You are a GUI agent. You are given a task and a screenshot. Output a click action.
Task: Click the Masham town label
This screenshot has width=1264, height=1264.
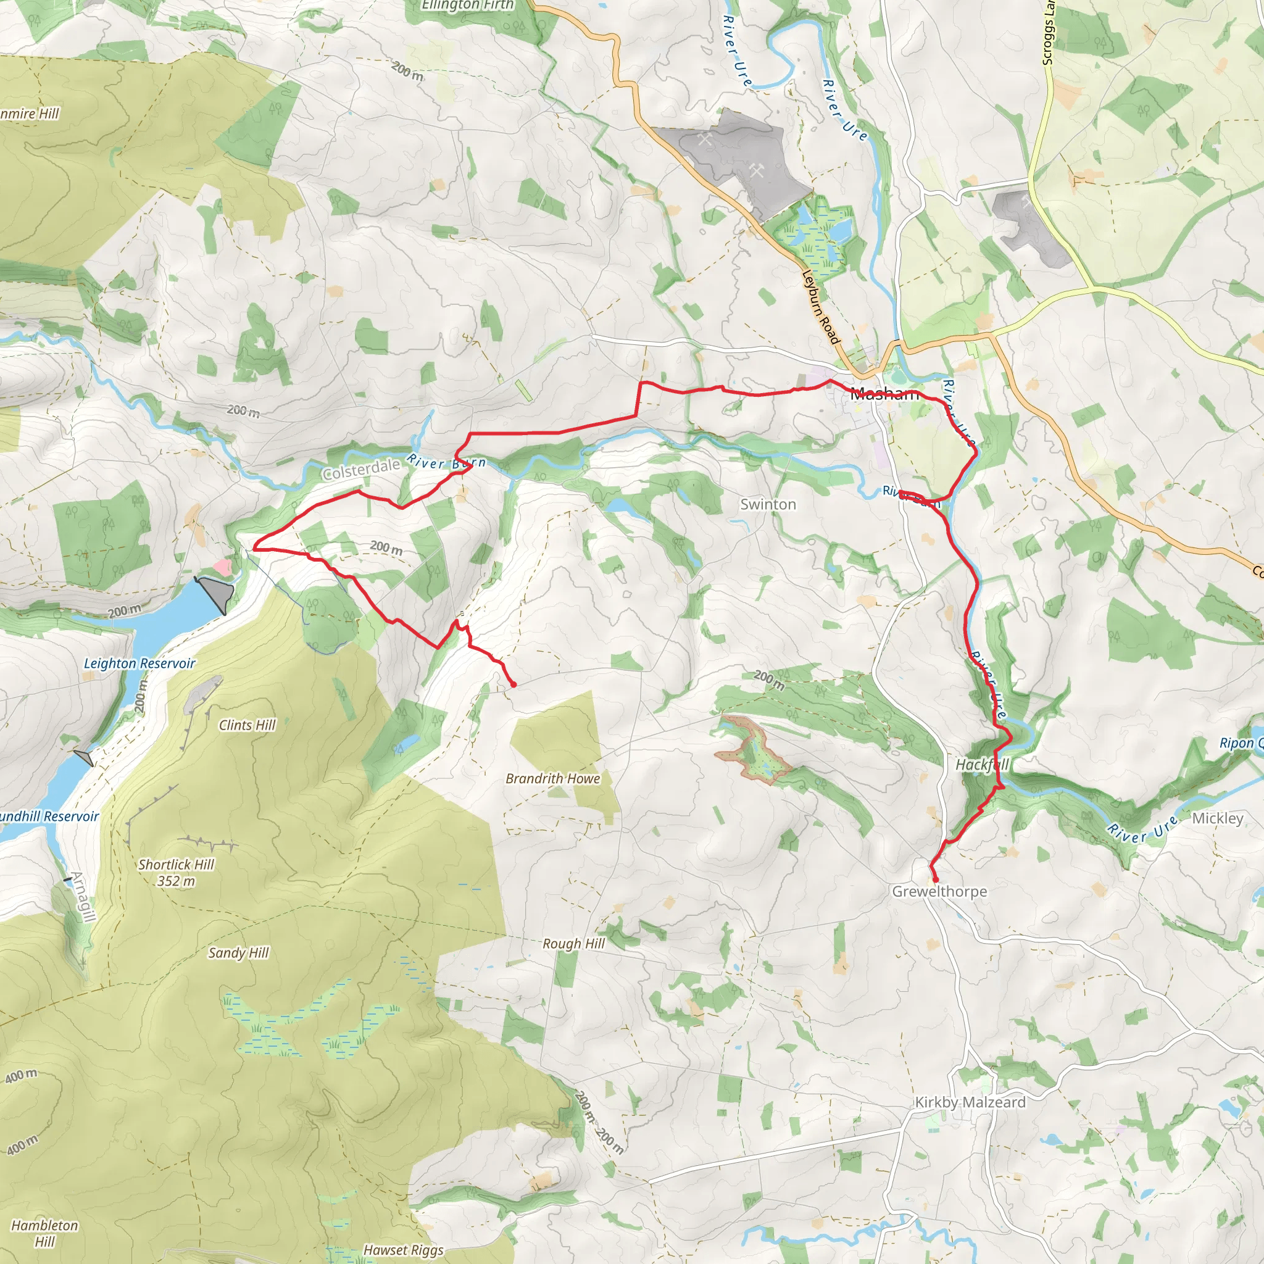tap(884, 394)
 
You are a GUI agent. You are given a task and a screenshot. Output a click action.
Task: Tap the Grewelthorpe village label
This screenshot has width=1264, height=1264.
tap(939, 892)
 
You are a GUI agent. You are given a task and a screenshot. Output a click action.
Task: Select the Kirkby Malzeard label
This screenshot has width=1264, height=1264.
tap(970, 1102)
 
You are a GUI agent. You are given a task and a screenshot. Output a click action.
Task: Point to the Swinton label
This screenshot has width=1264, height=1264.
tap(768, 504)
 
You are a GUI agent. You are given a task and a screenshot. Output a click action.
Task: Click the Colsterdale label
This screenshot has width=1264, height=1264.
tap(361, 469)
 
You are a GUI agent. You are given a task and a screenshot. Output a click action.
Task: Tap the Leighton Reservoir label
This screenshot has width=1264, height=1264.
tap(139, 663)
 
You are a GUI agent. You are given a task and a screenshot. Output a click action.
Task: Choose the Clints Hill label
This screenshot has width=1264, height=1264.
tap(247, 725)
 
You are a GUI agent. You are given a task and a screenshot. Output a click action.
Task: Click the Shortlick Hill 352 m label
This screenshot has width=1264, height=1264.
tap(176, 873)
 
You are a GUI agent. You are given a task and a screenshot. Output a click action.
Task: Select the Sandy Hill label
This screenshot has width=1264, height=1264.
tap(238, 952)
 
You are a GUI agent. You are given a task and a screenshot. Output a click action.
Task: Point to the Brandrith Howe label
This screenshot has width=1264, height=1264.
tap(553, 778)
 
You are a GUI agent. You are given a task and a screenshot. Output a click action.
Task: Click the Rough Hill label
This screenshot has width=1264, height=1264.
tap(574, 944)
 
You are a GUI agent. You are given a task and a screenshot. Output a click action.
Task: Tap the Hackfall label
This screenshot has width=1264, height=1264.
tap(982, 764)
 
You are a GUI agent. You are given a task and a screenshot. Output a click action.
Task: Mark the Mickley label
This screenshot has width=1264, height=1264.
tap(1218, 818)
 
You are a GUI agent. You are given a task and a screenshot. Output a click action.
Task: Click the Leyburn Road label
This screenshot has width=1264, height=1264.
tap(820, 307)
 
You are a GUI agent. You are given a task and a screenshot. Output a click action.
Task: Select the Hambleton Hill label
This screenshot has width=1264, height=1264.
tap(44, 1233)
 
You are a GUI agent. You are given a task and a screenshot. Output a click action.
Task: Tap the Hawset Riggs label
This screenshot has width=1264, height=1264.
tap(403, 1250)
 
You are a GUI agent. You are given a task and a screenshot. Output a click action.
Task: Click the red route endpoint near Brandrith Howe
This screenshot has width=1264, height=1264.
tap(513, 684)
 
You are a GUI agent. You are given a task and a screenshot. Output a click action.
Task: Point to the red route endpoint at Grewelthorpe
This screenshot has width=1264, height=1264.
tap(936, 881)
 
